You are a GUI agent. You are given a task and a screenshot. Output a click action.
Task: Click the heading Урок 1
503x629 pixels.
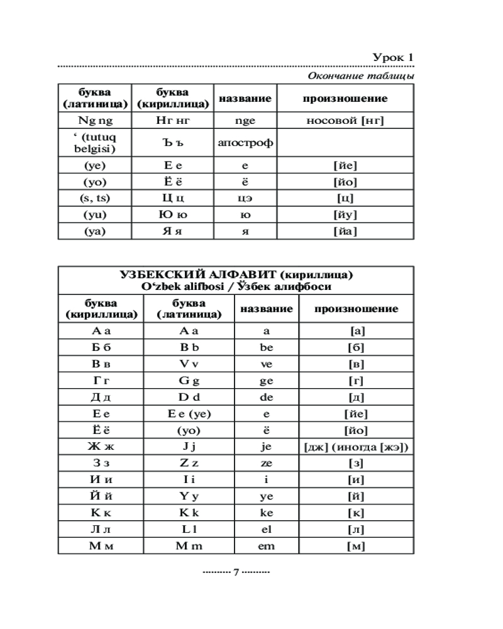pyautogui.click(x=393, y=58)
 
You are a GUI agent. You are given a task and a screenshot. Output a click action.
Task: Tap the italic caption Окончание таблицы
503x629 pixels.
pyautogui.click(x=360, y=76)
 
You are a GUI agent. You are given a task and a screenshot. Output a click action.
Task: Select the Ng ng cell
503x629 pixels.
pyautogui.click(x=95, y=121)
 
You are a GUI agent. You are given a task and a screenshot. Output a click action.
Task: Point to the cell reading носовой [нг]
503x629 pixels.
pyautogui.click(x=345, y=121)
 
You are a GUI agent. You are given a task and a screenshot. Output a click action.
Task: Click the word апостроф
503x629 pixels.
pyautogui.click(x=245, y=143)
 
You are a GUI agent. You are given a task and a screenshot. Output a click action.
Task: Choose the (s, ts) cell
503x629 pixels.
pyautogui.click(x=95, y=199)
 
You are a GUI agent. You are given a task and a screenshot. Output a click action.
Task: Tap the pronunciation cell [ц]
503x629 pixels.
pyautogui.click(x=345, y=199)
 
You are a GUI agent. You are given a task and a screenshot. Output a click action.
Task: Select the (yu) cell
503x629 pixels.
pyautogui.click(x=95, y=215)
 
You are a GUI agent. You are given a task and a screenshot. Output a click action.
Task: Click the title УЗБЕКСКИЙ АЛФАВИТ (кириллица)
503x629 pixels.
pyautogui.click(x=236, y=275)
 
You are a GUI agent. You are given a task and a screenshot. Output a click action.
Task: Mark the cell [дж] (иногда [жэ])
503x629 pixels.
pyautogui.click(x=356, y=447)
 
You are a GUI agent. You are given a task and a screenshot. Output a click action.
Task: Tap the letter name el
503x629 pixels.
pyautogui.click(x=267, y=529)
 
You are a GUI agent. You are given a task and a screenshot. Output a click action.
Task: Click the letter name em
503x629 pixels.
pyautogui.click(x=267, y=546)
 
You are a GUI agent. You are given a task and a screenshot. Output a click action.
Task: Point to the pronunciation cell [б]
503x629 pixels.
pyautogui.click(x=356, y=347)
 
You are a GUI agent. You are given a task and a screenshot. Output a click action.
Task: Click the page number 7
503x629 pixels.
pyautogui.click(x=236, y=573)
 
